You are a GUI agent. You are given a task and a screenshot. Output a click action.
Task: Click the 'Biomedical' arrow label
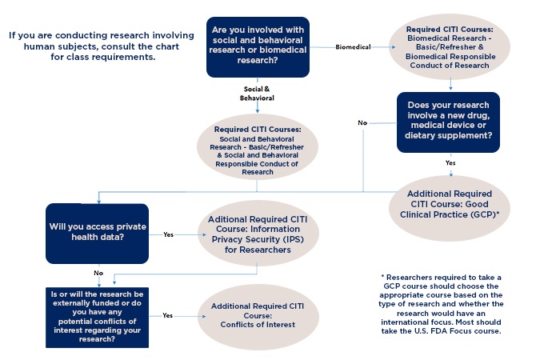[353, 47]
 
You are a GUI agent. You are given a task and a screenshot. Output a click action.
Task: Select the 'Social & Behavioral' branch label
[257, 94]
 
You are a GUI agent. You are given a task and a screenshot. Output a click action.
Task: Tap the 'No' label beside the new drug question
[362, 122]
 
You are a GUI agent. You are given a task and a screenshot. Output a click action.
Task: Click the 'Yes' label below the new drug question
[450, 163]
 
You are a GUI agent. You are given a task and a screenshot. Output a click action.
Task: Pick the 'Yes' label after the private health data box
[169, 234]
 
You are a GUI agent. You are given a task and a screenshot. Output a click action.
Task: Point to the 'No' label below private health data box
[98, 273]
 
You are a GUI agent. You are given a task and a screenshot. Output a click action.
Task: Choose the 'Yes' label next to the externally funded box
[168, 315]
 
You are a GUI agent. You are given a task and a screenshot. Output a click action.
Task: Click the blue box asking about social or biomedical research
[258, 47]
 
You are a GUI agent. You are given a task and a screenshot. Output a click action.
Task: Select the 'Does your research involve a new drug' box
[448, 122]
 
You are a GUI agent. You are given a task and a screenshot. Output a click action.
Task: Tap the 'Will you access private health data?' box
[97, 234]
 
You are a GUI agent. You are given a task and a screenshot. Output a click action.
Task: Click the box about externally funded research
[97, 318]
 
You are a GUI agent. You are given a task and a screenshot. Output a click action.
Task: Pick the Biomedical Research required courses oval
[450, 47]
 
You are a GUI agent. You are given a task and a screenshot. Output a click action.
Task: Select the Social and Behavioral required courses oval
[258, 147]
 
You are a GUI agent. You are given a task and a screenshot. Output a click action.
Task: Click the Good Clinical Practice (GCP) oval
[450, 208]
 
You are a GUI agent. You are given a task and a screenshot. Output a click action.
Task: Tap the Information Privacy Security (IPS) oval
[258, 234]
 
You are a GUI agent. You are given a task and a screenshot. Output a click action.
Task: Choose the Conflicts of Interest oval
[258, 318]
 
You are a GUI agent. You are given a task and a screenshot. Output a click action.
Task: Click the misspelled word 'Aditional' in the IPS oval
[230, 219]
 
